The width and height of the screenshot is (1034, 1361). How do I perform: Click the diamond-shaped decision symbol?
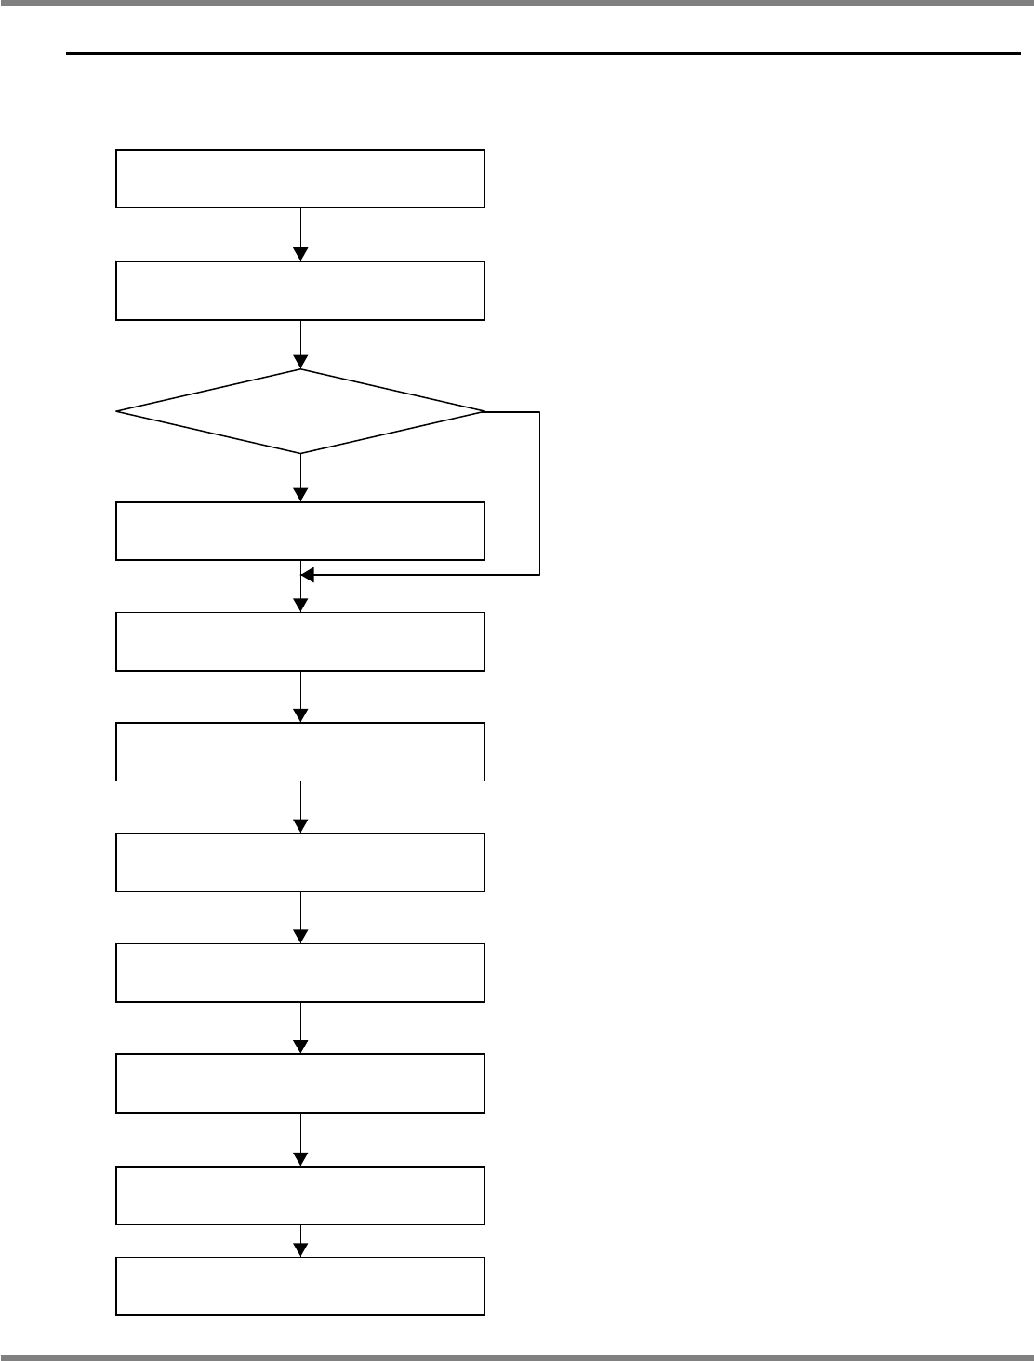[x=300, y=411]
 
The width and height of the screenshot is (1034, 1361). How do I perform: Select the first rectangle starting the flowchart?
[x=300, y=178]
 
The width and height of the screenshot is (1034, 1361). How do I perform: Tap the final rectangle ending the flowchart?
[x=300, y=1286]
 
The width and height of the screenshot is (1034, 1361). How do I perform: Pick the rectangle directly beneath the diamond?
[x=300, y=531]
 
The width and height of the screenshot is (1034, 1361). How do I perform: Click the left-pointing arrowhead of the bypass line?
[x=308, y=576]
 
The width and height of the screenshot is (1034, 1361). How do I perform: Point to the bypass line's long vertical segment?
[x=539, y=493]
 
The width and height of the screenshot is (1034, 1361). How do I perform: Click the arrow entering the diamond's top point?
[x=300, y=345]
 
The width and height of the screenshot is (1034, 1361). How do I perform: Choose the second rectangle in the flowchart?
[x=300, y=290]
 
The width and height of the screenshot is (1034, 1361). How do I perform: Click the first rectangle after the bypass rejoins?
[x=300, y=641]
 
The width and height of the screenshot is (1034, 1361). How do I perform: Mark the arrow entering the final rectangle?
[x=300, y=1241]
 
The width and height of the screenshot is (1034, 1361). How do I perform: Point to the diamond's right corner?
[x=484, y=411]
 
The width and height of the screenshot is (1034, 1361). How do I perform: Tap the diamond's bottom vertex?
[x=300, y=453]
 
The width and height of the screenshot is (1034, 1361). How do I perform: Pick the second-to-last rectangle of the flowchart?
[x=300, y=1194]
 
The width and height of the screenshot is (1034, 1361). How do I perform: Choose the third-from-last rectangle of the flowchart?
[x=300, y=1083]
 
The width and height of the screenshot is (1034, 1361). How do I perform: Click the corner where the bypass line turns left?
[x=539, y=576]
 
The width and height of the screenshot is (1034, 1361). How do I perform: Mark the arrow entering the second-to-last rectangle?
[x=300, y=1140]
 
